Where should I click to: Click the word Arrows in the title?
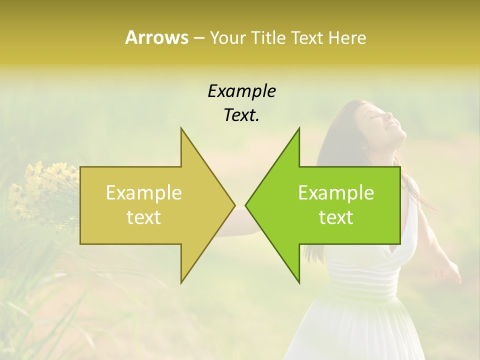click(156, 37)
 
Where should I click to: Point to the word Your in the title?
click(227, 38)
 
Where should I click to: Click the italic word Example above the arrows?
click(241, 91)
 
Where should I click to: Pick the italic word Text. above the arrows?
click(241, 115)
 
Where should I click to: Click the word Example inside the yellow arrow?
click(144, 192)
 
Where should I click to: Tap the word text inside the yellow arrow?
click(144, 217)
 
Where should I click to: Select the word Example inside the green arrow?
click(336, 192)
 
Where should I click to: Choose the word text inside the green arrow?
click(336, 217)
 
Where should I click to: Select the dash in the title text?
click(199, 38)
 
